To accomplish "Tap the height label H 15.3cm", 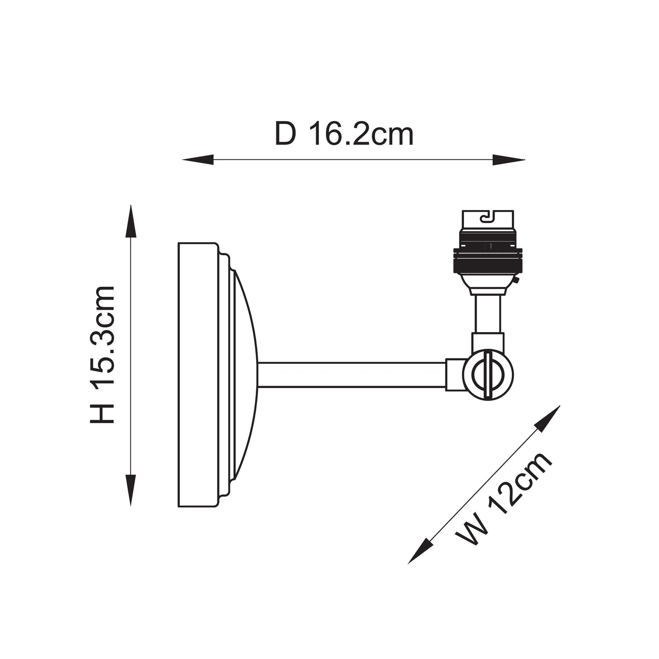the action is [x=102, y=355].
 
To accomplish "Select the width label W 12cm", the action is [x=503, y=497].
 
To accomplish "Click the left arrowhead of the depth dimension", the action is [x=198, y=160].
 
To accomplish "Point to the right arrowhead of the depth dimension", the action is [x=509, y=160].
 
